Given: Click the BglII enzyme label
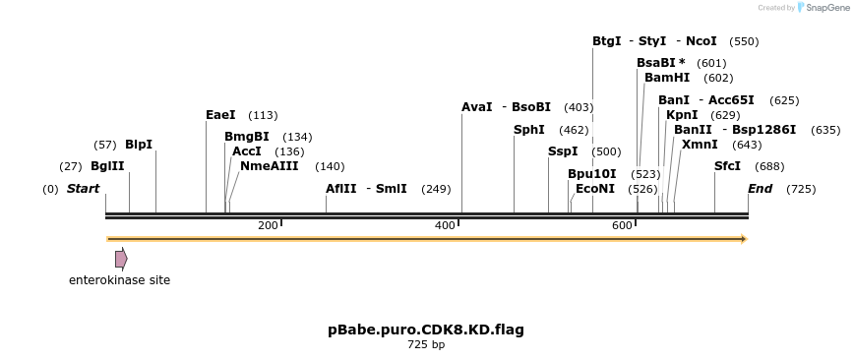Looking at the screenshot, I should tap(107, 166).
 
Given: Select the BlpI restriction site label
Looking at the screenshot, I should tap(139, 145).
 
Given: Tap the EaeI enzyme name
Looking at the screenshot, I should tap(220, 115).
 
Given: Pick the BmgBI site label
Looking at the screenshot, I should tap(247, 137).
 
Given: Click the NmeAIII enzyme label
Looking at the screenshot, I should tap(269, 166).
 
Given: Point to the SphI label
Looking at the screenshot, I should tap(529, 130).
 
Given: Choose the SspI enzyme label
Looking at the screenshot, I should tap(563, 151).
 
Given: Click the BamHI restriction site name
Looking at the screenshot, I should tap(667, 78).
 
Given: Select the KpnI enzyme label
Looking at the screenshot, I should tap(682, 115).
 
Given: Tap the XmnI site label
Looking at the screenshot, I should tap(700, 145).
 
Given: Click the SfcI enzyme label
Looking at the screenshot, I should tap(727, 166).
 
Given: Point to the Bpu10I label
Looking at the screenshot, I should tap(592, 174).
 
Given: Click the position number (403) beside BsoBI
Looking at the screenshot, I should tap(579, 107).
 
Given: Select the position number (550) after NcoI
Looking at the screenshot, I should tap(744, 41).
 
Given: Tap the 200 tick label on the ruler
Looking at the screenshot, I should tap(268, 226).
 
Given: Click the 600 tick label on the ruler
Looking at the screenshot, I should tap(622, 226).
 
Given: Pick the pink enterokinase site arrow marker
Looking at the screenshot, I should tap(121, 259).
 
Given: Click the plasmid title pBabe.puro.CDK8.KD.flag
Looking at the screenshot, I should tap(426, 330).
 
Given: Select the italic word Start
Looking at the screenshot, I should tap(84, 189).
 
